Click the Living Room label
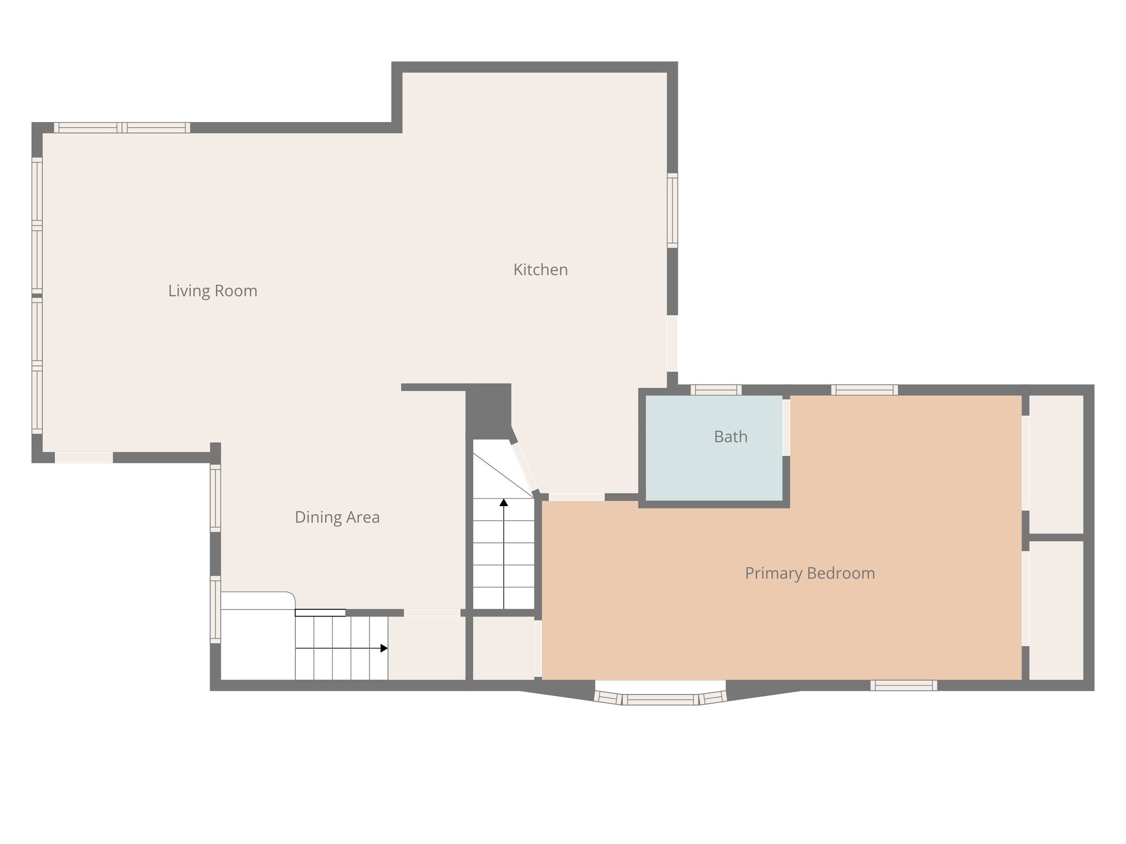click(x=212, y=290)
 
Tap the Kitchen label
click(x=540, y=269)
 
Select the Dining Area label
click(x=336, y=517)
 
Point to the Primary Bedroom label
click(x=809, y=573)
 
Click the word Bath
click(x=730, y=437)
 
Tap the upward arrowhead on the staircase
click(x=504, y=502)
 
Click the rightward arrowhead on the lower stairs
click(x=384, y=648)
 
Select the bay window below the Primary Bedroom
click(x=660, y=698)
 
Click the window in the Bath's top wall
click(x=715, y=390)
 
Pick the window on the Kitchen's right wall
click(x=672, y=210)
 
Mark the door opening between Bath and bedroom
click(x=786, y=427)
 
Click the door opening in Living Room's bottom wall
click(x=84, y=457)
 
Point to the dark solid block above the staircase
click(x=488, y=409)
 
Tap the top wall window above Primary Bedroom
click(x=864, y=390)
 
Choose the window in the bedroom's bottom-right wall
click(x=903, y=685)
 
